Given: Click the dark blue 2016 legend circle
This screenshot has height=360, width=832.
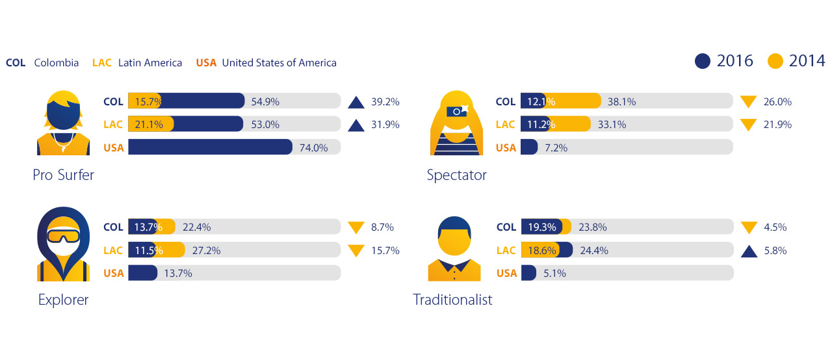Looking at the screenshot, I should point(703,61).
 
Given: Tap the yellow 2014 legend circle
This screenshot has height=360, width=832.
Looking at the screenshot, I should point(775,61).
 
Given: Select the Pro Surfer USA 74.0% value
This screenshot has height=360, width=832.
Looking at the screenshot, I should point(313,148).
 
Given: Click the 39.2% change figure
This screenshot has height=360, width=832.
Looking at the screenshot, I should point(385,101).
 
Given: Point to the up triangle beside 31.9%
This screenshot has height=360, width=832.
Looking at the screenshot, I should point(356,125).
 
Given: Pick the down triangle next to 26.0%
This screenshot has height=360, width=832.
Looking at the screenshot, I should point(749,101).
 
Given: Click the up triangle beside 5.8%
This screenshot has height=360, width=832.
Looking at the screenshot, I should point(749,250).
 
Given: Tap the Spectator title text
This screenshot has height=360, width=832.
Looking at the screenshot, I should point(456,175).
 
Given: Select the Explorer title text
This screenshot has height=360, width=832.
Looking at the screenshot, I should point(63,300).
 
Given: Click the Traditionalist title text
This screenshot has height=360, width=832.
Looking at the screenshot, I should point(452,300).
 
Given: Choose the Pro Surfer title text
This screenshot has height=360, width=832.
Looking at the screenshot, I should point(63,175).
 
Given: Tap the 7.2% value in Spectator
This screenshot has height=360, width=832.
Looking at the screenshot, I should point(556,148).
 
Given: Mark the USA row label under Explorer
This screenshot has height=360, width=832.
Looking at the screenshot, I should point(114,273).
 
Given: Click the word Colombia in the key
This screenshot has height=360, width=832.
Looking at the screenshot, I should point(56,63).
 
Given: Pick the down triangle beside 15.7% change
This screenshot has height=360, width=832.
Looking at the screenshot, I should point(356,250).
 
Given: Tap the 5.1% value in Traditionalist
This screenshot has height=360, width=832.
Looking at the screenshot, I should point(555,273).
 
